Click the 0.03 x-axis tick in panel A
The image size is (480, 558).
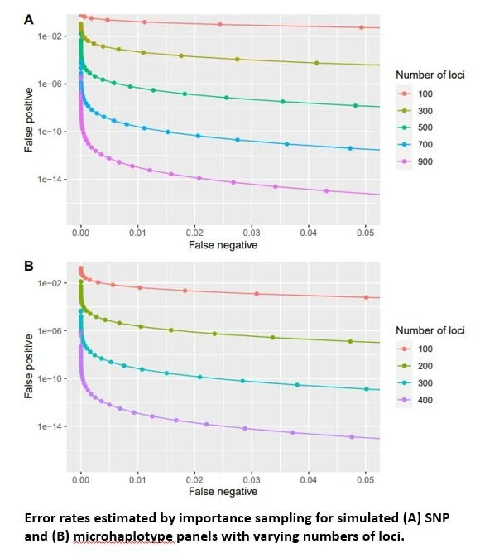coord(252,234)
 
